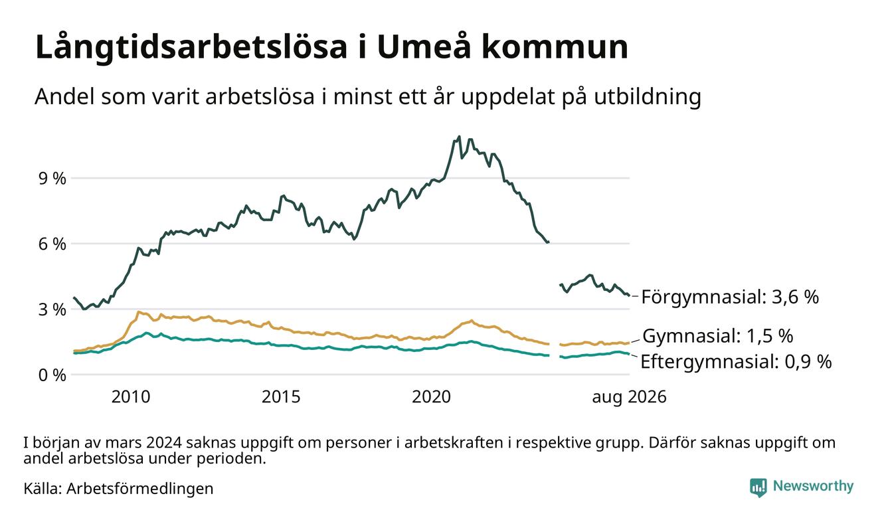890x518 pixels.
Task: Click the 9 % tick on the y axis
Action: [x=52, y=179]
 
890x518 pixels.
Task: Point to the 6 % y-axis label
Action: [x=52, y=244]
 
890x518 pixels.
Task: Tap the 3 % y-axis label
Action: [x=52, y=310]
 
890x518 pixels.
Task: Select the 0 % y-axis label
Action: [x=52, y=375]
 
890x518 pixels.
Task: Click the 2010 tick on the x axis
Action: [x=131, y=397]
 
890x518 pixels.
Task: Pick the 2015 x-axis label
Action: [x=281, y=397]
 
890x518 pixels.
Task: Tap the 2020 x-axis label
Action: [x=431, y=397]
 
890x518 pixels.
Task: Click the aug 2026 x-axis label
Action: [x=629, y=397]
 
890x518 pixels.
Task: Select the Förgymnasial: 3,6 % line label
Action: [x=730, y=297]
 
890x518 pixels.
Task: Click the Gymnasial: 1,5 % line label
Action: [x=717, y=336]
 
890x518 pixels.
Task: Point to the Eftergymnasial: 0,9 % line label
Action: [x=736, y=362]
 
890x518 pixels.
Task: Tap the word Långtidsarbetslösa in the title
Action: [x=191, y=48]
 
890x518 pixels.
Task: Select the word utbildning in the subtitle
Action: [x=648, y=97]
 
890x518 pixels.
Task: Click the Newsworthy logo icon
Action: [x=758, y=487]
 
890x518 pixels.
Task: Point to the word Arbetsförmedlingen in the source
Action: [x=140, y=489]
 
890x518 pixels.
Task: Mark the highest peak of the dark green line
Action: [x=460, y=137]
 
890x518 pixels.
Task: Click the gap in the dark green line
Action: [x=555, y=264]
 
